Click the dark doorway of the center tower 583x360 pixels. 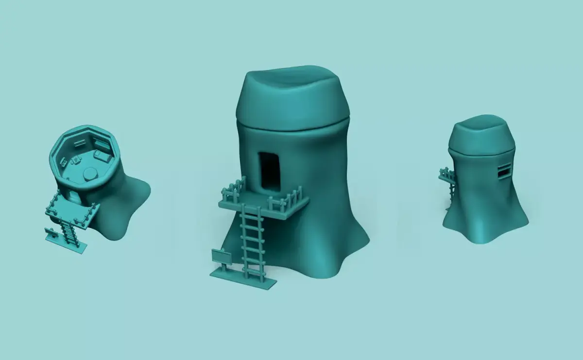coord(269,172)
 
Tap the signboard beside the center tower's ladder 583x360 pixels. coord(222,256)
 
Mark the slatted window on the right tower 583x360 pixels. coord(505,171)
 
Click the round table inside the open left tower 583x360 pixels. coord(89,174)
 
